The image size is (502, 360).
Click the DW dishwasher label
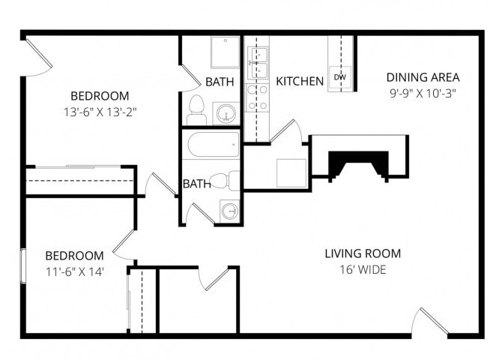tap(340, 77)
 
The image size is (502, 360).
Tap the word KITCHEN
tap(300, 81)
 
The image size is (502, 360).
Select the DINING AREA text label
tap(423, 77)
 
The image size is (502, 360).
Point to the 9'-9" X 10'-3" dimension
tap(423, 94)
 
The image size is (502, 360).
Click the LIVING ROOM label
tap(363, 253)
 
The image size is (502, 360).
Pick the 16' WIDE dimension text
tap(363, 269)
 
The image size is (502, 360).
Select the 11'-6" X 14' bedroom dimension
tap(73, 271)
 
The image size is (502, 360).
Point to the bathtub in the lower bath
tap(214, 145)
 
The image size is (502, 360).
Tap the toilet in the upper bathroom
tap(196, 109)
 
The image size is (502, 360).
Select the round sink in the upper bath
tap(226, 114)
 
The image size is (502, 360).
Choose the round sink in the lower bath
tap(229, 211)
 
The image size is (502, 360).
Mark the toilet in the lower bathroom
tap(223, 181)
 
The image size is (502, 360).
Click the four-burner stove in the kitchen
tap(257, 97)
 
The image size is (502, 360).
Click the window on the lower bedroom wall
tap(23, 265)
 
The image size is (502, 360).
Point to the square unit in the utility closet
tap(291, 172)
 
